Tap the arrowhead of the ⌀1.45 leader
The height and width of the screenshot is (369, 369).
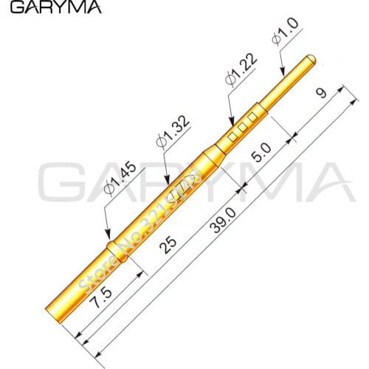(x=108, y=235)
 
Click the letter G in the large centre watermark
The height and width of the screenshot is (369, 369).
(x=63, y=184)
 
